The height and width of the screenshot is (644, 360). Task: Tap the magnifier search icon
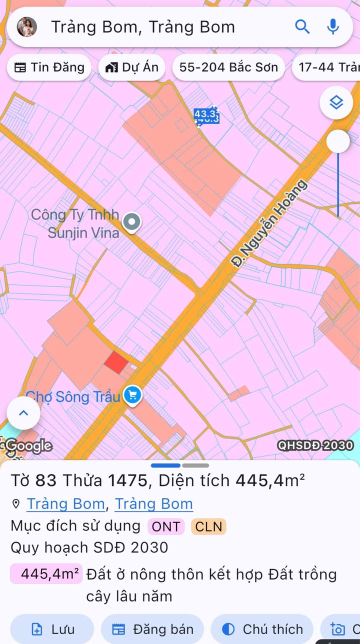302,26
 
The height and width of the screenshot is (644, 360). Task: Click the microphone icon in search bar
333,26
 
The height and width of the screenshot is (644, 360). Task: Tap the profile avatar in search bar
26,27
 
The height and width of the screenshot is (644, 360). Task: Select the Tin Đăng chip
49,67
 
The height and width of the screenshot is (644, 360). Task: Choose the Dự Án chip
132,67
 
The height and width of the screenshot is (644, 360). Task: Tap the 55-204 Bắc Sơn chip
228,67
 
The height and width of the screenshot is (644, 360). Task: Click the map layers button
336,103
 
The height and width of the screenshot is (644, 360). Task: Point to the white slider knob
338,141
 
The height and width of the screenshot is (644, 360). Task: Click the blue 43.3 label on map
206,115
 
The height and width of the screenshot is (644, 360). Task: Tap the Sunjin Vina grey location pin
132,222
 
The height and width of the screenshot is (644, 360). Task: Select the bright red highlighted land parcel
116,362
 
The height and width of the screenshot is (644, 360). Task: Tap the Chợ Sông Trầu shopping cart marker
132,395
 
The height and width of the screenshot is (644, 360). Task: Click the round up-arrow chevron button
23,413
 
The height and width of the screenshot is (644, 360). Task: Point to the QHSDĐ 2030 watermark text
315,445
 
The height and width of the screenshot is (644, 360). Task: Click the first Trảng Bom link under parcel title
65,503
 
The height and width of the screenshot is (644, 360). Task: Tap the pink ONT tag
166,526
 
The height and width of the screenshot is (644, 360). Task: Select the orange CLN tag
208,526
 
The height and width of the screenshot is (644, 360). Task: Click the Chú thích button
262,629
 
